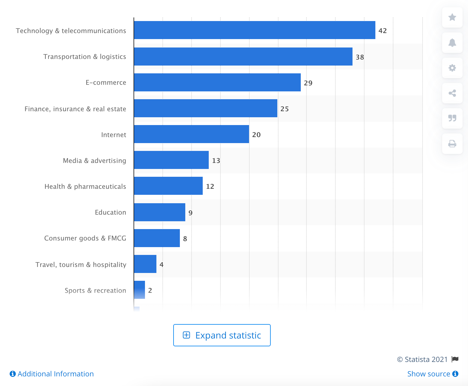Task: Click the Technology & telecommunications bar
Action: coord(254,30)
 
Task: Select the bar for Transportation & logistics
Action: coord(243,57)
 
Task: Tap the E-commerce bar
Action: coord(217,82)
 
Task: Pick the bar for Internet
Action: coord(191,134)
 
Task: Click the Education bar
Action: coord(159,212)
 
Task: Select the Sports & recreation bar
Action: coord(139,290)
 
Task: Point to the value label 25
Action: coord(285,109)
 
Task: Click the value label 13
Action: coord(216,161)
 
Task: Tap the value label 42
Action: coord(383,31)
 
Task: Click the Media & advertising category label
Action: coord(94,161)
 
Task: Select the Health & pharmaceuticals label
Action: coord(85,186)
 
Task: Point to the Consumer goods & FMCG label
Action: coord(85,238)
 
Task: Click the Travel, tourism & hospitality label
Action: coord(81,265)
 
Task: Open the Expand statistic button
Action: coord(222,335)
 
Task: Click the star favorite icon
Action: coord(452,17)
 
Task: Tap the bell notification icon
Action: coord(452,43)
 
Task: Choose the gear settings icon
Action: coord(452,68)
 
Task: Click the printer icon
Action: coord(452,144)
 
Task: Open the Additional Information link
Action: coord(52,374)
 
